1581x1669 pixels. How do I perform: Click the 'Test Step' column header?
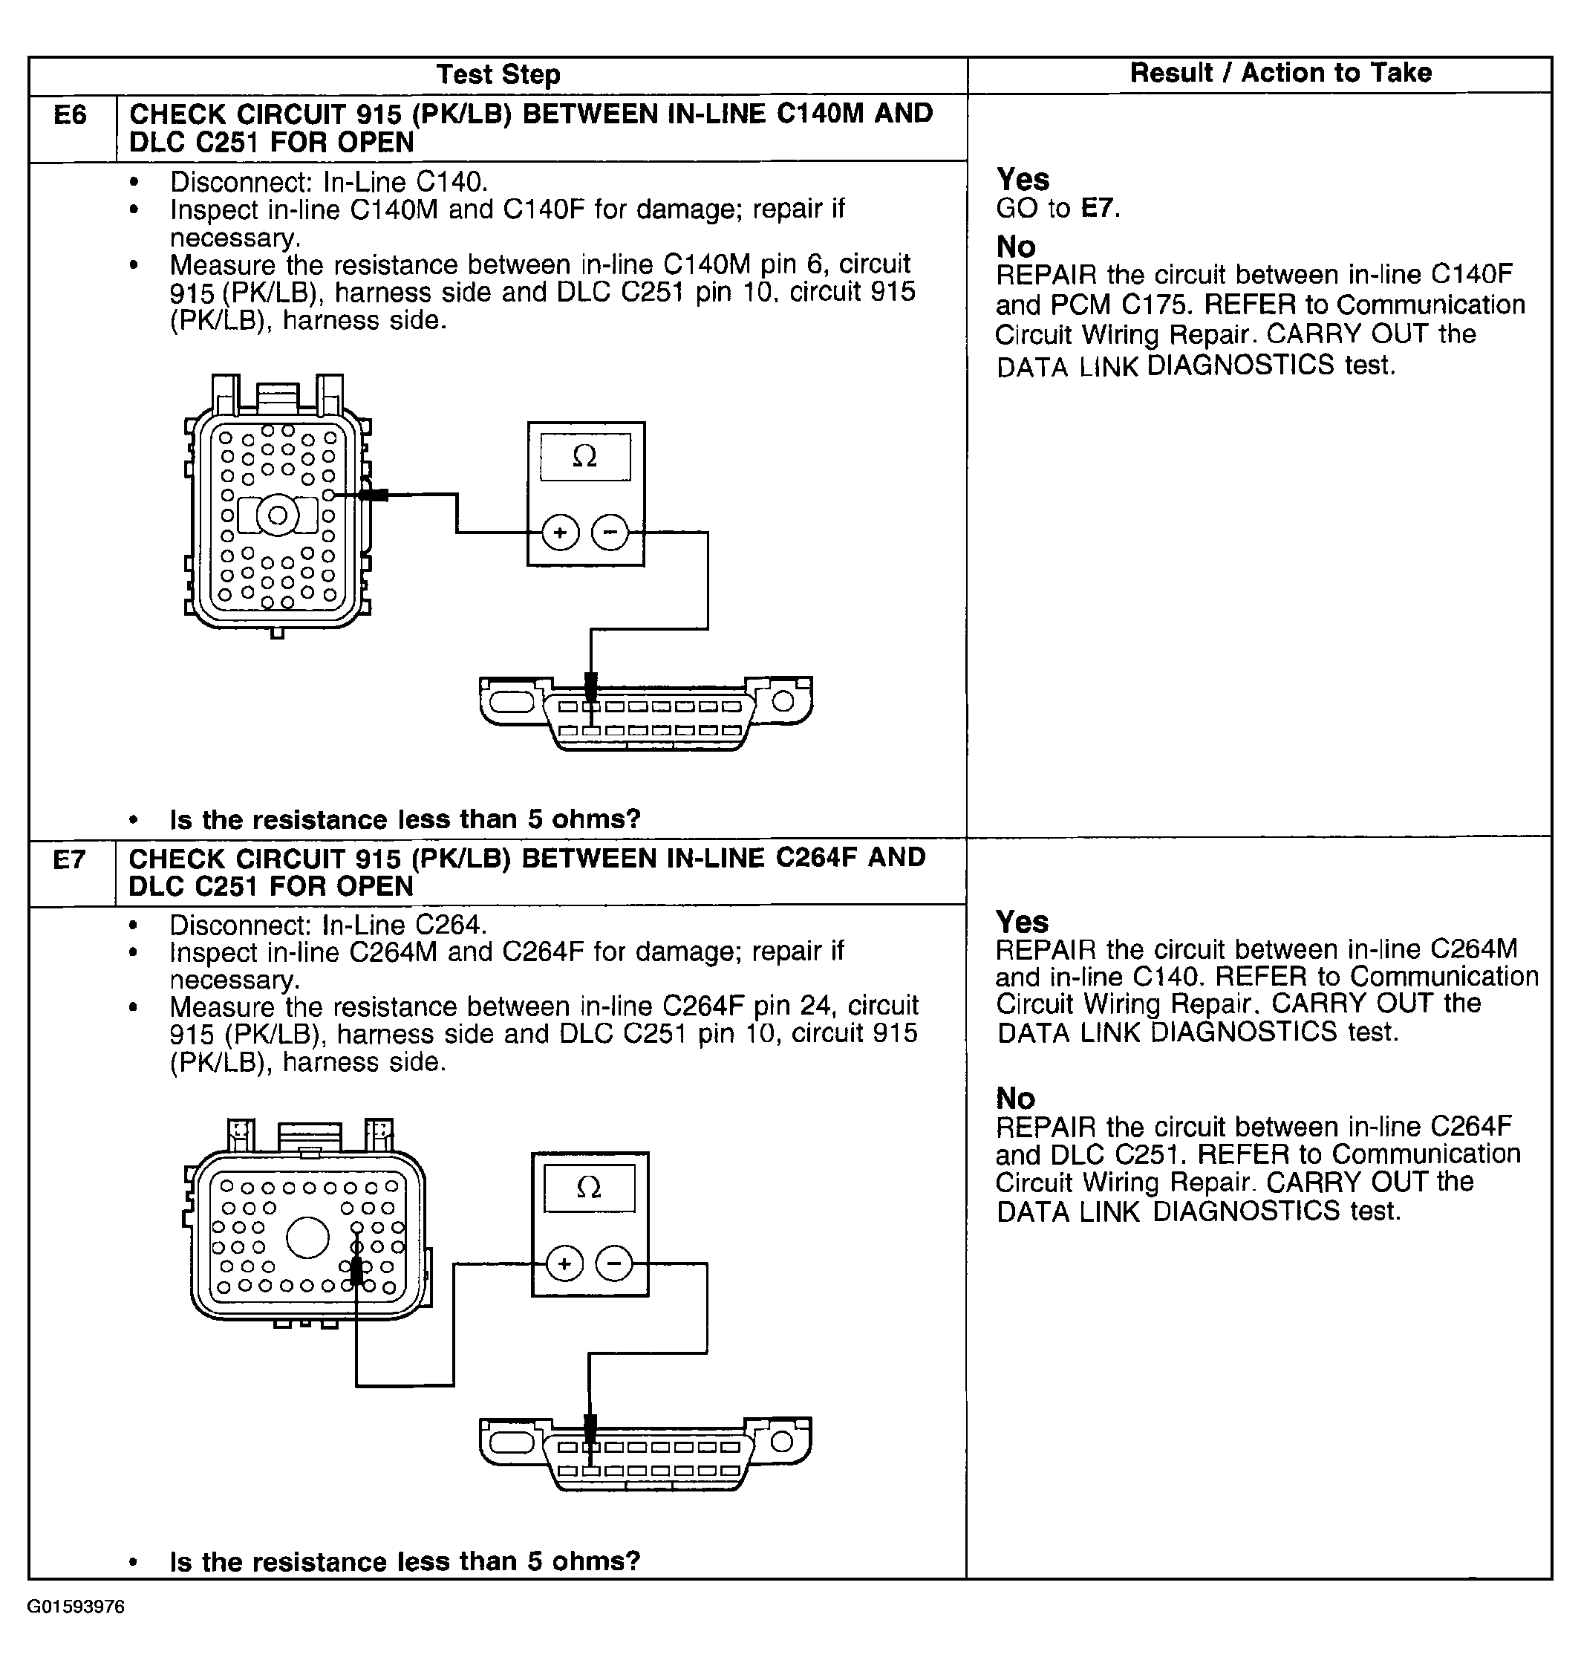click(x=498, y=74)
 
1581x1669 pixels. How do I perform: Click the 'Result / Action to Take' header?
click(x=1280, y=73)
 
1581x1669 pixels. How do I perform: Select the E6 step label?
click(x=70, y=114)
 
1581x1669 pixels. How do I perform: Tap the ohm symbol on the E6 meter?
click(x=585, y=457)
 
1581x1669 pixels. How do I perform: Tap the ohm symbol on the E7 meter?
click(x=589, y=1188)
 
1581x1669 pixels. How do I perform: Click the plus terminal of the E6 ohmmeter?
click(x=561, y=533)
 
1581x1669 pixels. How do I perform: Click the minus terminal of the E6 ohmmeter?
click(x=610, y=533)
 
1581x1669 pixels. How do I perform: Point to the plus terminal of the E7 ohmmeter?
click(x=564, y=1263)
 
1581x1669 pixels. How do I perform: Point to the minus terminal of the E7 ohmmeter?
click(x=614, y=1263)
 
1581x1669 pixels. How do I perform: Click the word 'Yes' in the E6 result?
click(x=1023, y=180)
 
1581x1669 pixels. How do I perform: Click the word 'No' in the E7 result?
click(x=1014, y=1099)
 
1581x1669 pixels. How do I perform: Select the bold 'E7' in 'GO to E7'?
click(x=1100, y=208)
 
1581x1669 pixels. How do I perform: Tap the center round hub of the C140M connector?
click(x=277, y=515)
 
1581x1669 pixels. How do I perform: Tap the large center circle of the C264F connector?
click(x=307, y=1237)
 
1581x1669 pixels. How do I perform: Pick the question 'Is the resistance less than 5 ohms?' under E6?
click(x=405, y=819)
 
